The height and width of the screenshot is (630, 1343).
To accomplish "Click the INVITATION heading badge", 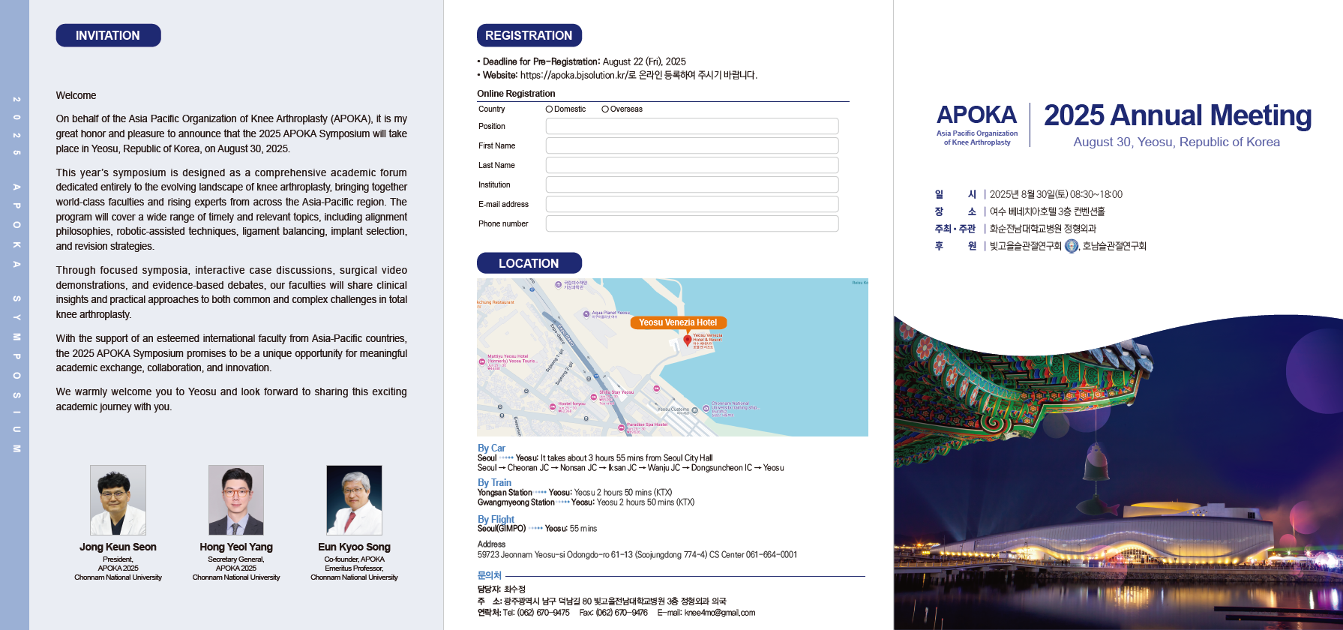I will pyautogui.click(x=108, y=35).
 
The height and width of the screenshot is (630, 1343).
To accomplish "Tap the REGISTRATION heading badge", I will pyautogui.click(x=529, y=35).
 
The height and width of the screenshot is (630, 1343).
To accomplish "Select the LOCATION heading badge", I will pyautogui.click(x=529, y=263).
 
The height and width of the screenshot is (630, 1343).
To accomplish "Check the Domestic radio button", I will pyautogui.click(x=549, y=109).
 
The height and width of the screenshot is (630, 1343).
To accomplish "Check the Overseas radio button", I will pyautogui.click(x=605, y=109).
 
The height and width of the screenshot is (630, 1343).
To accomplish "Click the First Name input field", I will pyautogui.click(x=691, y=145).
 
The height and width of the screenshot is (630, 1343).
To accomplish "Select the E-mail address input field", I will pyautogui.click(x=691, y=204).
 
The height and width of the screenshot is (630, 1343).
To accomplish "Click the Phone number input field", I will pyautogui.click(x=691, y=223).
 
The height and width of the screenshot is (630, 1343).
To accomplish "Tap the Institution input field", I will pyautogui.click(x=691, y=184).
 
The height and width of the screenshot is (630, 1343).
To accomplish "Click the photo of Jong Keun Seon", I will pyautogui.click(x=118, y=499).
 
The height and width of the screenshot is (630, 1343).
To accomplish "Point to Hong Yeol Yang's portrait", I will pyautogui.click(x=236, y=499).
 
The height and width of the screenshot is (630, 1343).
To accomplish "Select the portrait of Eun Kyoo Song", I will pyautogui.click(x=354, y=499).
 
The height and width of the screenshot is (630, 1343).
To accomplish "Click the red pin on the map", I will pyautogui.click(x=688, y=340).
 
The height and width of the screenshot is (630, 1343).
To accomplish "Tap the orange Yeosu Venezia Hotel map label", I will pyautogui.click(x=678, y=322).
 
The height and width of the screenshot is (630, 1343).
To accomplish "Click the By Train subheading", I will pyautogui.click(x=494, y=483).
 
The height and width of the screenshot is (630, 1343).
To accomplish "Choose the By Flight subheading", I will pyautogui.click(x=496, y=519).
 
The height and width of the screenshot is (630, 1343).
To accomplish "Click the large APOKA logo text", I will pyautogui.click(x=976, y=115).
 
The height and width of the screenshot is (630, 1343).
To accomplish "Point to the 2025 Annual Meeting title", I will pyautogui.click(x=1177, y=115).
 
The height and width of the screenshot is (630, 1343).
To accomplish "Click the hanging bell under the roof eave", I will pyautogui.click(x=1097, y=464).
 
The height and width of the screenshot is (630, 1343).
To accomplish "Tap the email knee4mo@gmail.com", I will pyautogui.click(x=719, y=613).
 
